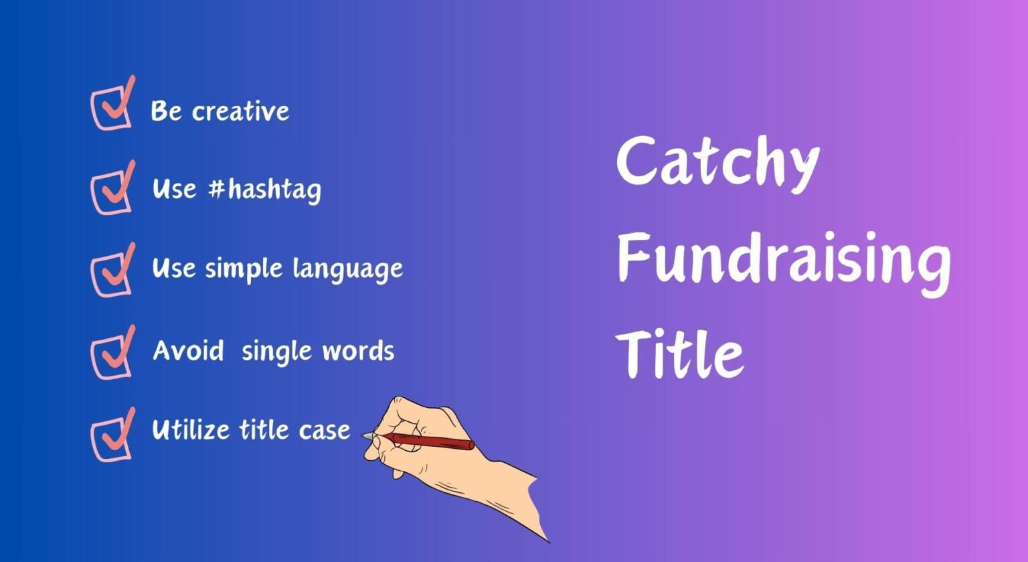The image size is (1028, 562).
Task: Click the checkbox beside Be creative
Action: point(110,107)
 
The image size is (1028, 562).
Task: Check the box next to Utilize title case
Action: point(110,437)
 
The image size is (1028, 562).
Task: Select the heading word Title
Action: point(680,352)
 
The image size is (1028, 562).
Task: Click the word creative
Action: point(241,111)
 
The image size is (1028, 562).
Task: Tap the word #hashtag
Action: point(264,190)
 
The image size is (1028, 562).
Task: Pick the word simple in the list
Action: point(244,269)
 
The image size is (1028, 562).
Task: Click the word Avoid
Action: point(188,350)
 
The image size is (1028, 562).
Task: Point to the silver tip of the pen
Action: point(369,436)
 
